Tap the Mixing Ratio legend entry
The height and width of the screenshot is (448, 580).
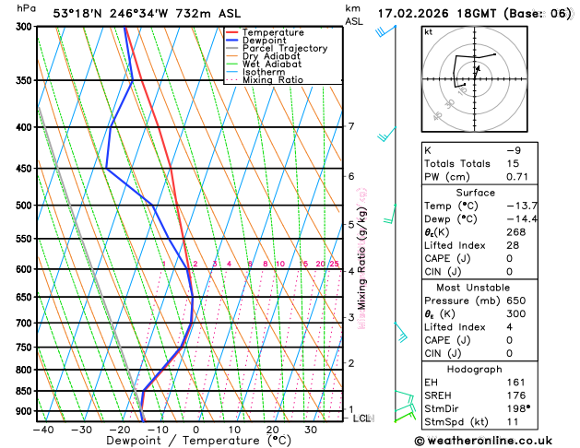click(x=273, y=79)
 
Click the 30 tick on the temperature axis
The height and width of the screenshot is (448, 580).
click(x=311, y=430)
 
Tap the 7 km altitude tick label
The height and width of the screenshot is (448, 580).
click(x=351, y=126)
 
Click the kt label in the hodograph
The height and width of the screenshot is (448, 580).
click(x=428, y=32)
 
